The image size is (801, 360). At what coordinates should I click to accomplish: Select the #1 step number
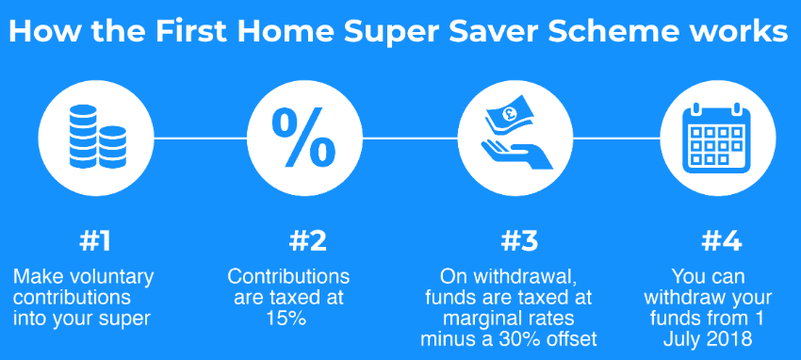tap(95, 242)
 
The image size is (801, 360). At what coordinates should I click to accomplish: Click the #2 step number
tap(307, 242)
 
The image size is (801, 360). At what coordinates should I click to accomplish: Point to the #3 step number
tap(519, 242)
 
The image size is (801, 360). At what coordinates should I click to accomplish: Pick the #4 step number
tap(721, 242)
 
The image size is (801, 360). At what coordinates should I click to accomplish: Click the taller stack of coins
tap(83, 137)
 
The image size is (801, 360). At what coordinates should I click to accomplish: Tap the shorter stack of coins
tap(112, 147)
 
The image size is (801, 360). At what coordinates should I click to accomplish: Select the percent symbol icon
tap(304, 137)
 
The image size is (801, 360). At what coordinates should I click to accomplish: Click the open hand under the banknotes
tap(517, 155)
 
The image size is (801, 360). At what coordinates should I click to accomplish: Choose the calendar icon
tap(716, 138)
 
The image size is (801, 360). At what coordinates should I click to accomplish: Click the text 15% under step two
tap(286, 319)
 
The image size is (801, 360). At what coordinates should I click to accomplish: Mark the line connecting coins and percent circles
tap(200, 138)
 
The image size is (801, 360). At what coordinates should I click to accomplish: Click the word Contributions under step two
tap(288, 277)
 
